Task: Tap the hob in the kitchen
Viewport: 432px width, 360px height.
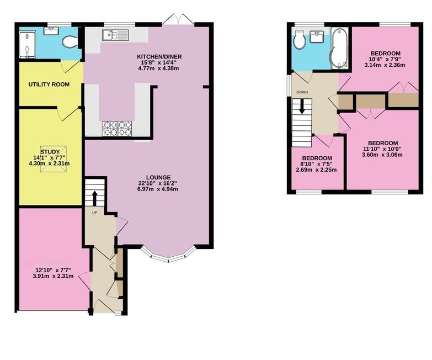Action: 117,129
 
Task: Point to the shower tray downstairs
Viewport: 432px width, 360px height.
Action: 27,45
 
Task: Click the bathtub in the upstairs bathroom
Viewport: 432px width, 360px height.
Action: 339,48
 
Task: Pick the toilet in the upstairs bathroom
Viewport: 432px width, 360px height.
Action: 299,39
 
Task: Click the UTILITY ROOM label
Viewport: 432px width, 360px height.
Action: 49,84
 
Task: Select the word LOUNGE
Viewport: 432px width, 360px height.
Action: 158,178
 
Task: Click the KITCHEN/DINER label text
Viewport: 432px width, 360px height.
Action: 159,57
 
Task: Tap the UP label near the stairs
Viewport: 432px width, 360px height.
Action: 94,213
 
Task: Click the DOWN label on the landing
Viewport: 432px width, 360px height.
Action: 302,92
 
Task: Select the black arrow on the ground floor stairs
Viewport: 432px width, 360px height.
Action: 94,198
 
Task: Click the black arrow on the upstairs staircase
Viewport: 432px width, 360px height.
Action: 302,106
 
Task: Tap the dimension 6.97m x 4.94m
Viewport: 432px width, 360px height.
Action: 158,189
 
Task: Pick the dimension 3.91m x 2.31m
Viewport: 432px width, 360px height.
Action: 53,276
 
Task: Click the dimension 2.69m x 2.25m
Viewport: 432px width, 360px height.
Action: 316,170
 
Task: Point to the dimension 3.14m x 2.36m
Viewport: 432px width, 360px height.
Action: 385,65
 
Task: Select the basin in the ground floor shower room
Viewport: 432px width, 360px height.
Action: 51,30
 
